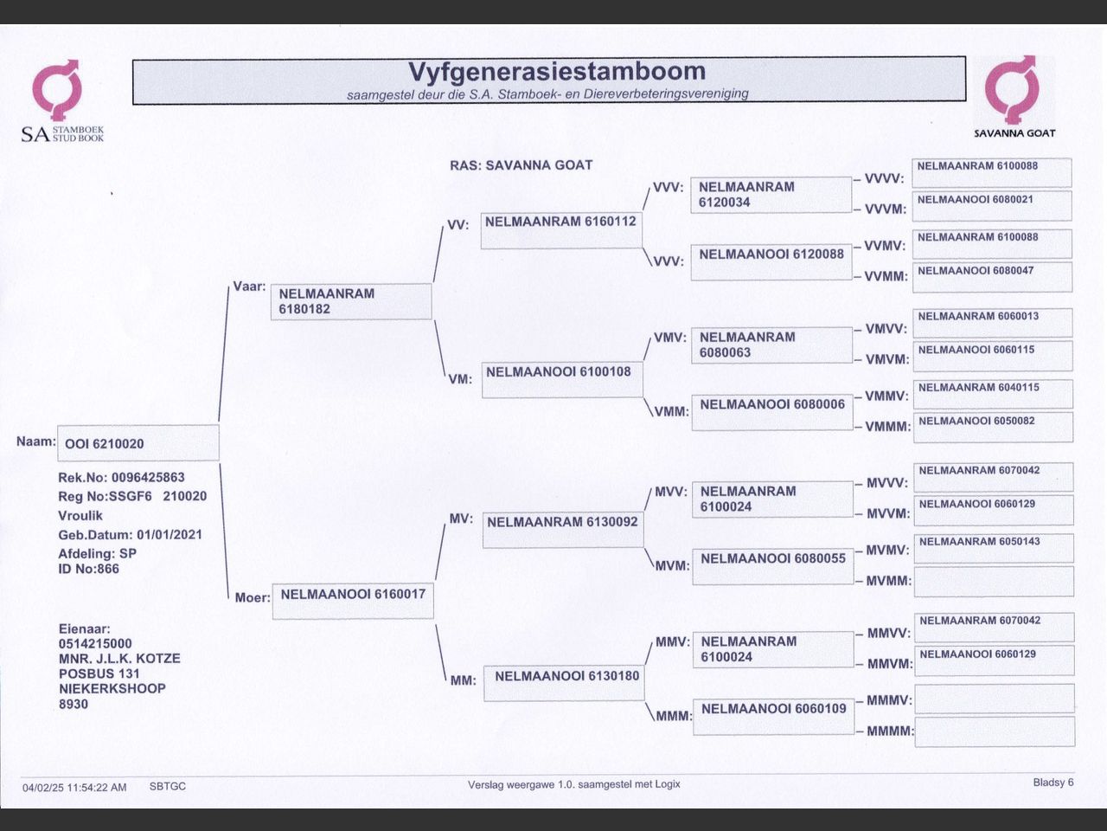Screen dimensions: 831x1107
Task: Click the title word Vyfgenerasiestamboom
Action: point(556,72)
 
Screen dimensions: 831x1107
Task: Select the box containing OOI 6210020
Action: point(138,443)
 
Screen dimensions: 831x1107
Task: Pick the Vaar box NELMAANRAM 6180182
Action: point(350,301)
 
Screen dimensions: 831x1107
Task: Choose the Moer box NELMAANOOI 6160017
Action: point(353,601)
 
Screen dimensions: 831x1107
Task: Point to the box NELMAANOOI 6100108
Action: point(562,379)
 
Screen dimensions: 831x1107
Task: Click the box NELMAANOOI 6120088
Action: point(771,261)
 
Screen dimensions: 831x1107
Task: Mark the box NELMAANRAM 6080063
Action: point(771,345)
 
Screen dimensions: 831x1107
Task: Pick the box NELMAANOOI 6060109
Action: point(773,716)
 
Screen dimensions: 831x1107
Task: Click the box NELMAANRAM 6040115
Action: point(993,394)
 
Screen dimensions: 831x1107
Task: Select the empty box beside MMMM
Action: point(994,731)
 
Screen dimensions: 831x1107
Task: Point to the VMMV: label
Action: point(886,396)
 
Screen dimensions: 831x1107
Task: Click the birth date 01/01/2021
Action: point(169,535)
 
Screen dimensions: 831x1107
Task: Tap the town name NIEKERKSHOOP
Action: point(112,689)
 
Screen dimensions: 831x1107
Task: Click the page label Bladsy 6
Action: point(1053,783)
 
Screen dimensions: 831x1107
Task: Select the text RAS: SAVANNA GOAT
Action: point(521,165)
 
